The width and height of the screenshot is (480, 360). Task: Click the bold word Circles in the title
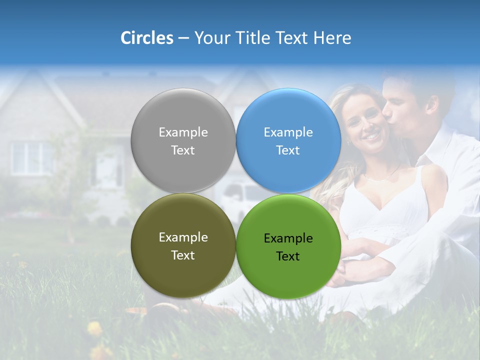point(146,38)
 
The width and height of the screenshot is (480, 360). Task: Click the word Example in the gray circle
point(183,132)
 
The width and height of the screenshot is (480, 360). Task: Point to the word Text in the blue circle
point(288,150)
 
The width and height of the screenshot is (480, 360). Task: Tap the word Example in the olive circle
point(183,237)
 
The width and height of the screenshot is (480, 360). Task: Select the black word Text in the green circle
point(288,256)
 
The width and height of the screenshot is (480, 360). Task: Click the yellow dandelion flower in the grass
point(94,328)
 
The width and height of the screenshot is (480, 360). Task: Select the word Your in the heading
point(210,38)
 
